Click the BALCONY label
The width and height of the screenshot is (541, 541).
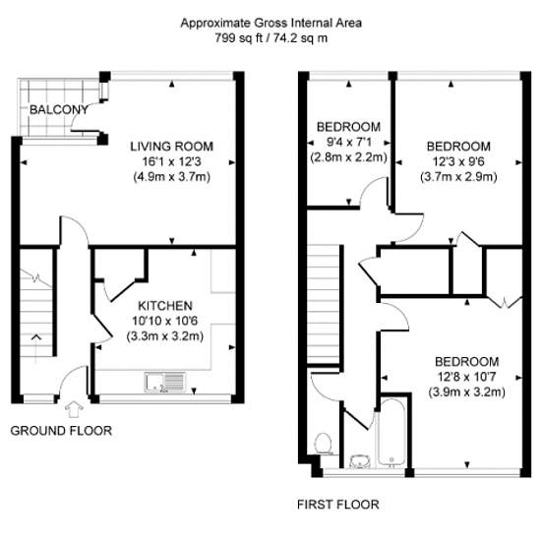pyautogui.click(x=59, y=110)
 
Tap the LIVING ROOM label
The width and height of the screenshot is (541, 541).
pyautogui.click(x=171, y=147)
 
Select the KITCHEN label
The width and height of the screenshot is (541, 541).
pyautogui.click(x=165, y=306)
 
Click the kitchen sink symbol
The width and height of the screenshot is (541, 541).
pyautogui.click(x=165, y=383)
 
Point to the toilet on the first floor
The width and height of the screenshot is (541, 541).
pyautogui.click(x=324, y=444)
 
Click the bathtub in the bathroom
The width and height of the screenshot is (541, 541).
pyautogui.click(x=391, y=433)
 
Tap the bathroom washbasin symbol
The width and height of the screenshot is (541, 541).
pyautogui.click(x=360, y=461)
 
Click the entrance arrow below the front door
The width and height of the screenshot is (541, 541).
pyautogui.click(x=74, y=409)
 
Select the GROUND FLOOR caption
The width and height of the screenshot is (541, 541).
pyautogui.click(x=61, y=431)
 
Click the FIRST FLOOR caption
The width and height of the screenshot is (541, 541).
pyautogui.click(x=338, y=505)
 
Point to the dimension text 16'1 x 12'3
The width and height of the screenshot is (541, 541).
pyautogui.click(x=171, y=161)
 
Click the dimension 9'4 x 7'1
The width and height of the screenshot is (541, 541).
pyautogui.click(x=348, y=143)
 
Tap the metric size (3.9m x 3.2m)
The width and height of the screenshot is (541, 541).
pyautogui.click(x=467, y=392)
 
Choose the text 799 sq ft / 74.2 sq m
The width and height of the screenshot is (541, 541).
pyautogui.click(x=271, y=37)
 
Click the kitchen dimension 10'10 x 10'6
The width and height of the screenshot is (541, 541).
pyautogui.click(x=165, y=321)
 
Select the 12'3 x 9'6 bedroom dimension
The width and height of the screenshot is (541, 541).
pyautogui.click(x=458, y=161)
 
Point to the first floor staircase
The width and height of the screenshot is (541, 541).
pyautogui.click(x=323, y=304)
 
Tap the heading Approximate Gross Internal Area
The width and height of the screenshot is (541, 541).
pyautogui.click(x=271, y=24)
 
